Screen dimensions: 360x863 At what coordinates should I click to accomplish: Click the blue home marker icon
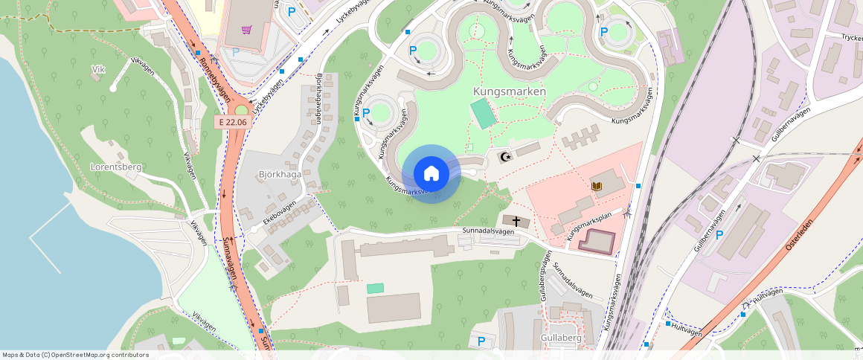click(431, 174)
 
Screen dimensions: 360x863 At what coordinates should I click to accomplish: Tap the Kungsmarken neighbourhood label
click(510, 91)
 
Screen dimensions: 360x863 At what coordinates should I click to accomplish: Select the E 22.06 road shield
click(231, 121)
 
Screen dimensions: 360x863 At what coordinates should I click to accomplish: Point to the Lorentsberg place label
click(115, 167)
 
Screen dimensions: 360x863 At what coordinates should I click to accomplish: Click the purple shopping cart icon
click(246, 30)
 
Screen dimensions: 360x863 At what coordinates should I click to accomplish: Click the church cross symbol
click(516, 221)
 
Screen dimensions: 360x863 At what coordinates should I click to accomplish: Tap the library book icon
click(596, 185)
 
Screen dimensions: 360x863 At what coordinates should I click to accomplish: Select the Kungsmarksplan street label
click(589, 226)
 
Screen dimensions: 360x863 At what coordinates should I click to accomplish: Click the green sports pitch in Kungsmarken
click(482, 113)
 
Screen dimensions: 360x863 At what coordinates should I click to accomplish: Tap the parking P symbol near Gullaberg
click(481, 341)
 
